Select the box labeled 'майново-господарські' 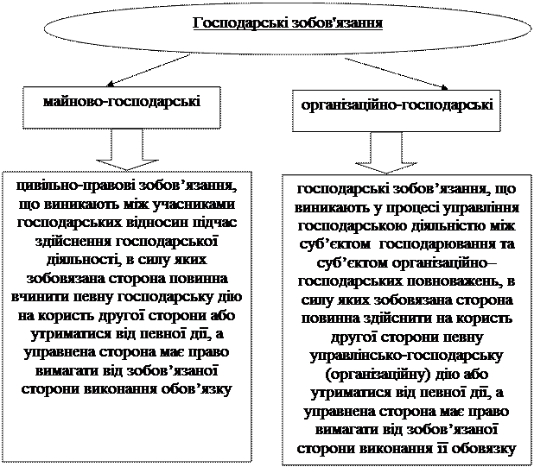(x=121, y=102)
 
